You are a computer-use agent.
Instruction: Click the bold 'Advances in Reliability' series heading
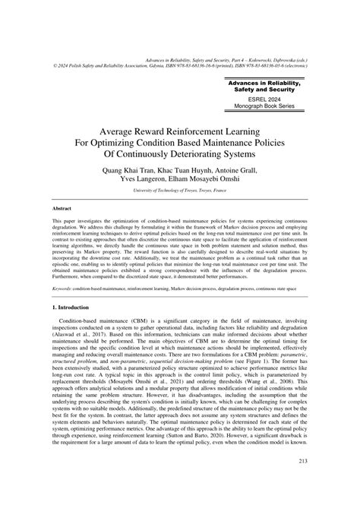pos(270,84)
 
